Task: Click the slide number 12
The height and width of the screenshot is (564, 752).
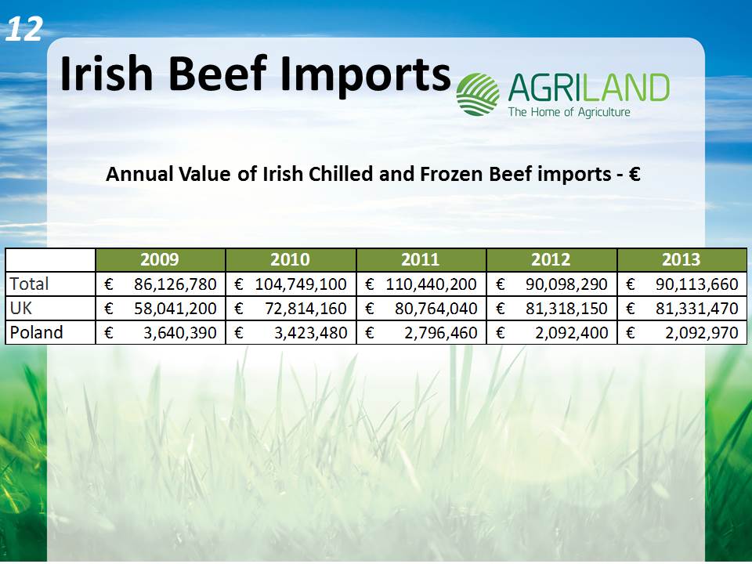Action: (x=25, y=29)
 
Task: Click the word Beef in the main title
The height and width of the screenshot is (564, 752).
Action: (x=219, y=74)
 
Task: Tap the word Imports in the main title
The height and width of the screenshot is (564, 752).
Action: (x=366, y=74)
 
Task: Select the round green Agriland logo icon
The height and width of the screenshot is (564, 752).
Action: (x=478, y=95)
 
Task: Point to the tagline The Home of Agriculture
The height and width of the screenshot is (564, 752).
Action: (x=569, y=112)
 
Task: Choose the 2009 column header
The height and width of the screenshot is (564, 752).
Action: (x=160, y=259)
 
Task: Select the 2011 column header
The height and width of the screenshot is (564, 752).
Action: (x=420, y=259)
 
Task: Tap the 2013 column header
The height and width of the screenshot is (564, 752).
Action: (x=681, y=259)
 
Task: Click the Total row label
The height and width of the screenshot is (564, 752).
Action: (x=29, y=284)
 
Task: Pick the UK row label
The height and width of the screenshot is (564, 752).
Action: (x=21, y=308)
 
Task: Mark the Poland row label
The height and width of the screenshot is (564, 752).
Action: (x=37, y=332)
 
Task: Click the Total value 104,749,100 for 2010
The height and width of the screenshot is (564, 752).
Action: (x=301, y=284)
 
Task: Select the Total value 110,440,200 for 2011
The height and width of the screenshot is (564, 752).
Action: (x=431, y=284)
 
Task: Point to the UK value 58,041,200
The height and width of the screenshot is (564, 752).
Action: (x=175, y=309)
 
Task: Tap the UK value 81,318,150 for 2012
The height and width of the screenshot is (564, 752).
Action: (x=566, y=309)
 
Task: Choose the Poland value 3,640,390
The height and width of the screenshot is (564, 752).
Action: (x=180, y=332)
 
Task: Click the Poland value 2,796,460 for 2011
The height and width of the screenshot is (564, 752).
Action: (x=441, y=332)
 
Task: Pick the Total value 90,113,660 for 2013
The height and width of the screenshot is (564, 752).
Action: (x=697, y=284)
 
